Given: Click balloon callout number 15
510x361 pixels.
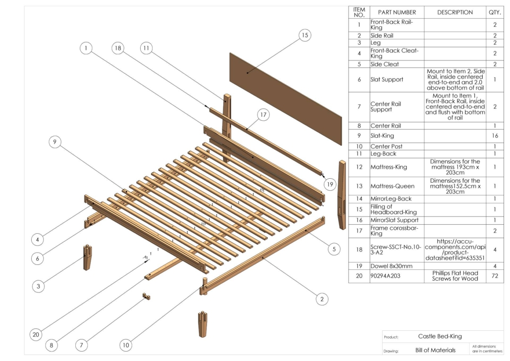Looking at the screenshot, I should pyautogui.click(x=305, y=36).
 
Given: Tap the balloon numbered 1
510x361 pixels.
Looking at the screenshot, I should pyautogui.click(x=86, y=48).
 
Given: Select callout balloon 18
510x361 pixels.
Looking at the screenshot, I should pyautogui.click(x=117, y=48).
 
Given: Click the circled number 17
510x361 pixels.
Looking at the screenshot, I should pyautogui.click(x=262, y=115).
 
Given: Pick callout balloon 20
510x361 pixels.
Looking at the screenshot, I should pyautogui.click(x=36, y=335).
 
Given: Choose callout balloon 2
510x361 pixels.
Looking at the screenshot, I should pyautogui.click(x=322, y=299).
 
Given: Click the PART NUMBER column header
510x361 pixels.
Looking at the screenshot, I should pyautogui.click(x=397, y=12).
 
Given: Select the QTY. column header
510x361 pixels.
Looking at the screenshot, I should pyautogui.click(x=495, y=12).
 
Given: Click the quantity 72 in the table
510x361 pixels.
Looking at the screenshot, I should pyautogui.click(x=495, y=275).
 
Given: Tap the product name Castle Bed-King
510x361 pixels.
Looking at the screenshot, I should pyautogui.click(x=440, y=336).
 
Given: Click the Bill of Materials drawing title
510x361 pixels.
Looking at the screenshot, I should pyautogui.click(x=435, y=350).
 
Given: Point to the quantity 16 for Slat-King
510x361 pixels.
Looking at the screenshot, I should pyautogui.click(x=495, y=136).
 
